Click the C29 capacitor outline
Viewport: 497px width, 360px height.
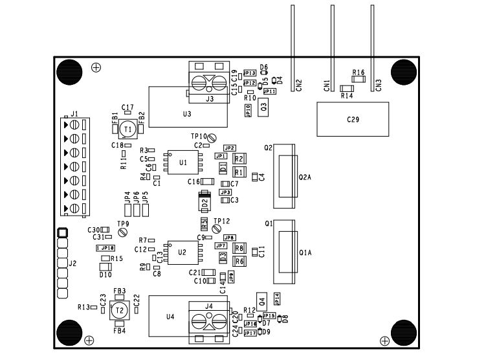pos(352,119)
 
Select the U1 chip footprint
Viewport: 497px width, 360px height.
pos(183,161)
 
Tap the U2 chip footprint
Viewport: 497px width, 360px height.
pos(183,251)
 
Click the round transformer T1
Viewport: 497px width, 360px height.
pos(128,129)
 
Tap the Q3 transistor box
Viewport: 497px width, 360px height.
pos(263,107)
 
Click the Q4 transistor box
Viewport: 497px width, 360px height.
pos(262,300)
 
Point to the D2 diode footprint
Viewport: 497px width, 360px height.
pos(204,202)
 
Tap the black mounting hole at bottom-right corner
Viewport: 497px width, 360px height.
pos(403,333)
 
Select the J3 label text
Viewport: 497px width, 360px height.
pos(209,99)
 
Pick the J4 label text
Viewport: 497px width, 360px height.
pos(208,306)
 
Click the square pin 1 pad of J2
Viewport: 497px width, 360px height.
pos(62,232)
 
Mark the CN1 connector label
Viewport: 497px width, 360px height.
pos(327,85)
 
